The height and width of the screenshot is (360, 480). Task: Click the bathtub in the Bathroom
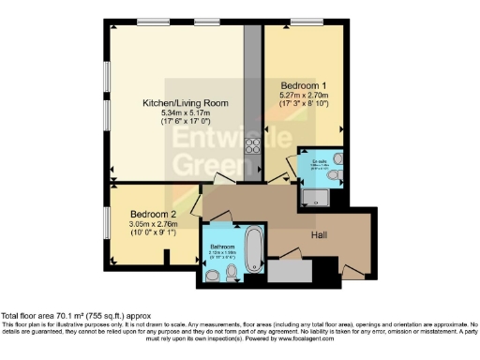pos(252,247)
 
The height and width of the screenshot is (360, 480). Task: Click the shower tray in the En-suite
pos(313,194)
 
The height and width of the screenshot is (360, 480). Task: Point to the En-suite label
pos(320,159)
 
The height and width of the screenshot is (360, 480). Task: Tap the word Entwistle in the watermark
pos(214,142)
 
